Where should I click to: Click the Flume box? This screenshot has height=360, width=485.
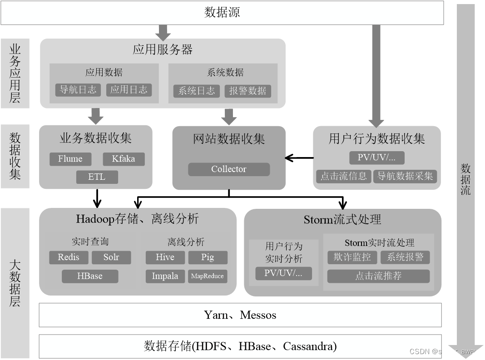coord(70,159)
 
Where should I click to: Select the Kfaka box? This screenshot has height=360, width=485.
coord(124,159)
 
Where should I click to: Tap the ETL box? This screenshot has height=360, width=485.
coord(97,177)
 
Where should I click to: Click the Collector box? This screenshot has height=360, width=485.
coord(229,169)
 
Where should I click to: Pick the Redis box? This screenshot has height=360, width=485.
coord(69,257)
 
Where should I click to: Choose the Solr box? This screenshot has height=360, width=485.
coord(111,257)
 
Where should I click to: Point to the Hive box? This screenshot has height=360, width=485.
coord(165,257)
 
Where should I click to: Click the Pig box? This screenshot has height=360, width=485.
coord(208,257)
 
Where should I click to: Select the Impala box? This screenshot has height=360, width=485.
coord(165,276)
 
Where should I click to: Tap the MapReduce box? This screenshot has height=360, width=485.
coord(208,276)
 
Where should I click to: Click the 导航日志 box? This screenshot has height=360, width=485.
coord(78,89)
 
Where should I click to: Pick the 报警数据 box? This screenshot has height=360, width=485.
coord(247,91)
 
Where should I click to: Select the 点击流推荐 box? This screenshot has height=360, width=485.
coord(378,276)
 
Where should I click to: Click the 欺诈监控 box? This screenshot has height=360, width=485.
coord(352,257)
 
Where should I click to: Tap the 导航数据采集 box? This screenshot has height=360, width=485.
coord(405,176)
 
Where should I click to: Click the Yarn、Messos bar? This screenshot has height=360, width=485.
coord(240,315)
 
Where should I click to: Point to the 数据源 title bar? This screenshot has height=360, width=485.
coord(222,12)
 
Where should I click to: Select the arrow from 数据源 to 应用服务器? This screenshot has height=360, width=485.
coord(163,32)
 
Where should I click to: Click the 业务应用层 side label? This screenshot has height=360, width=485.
coord(15,73)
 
